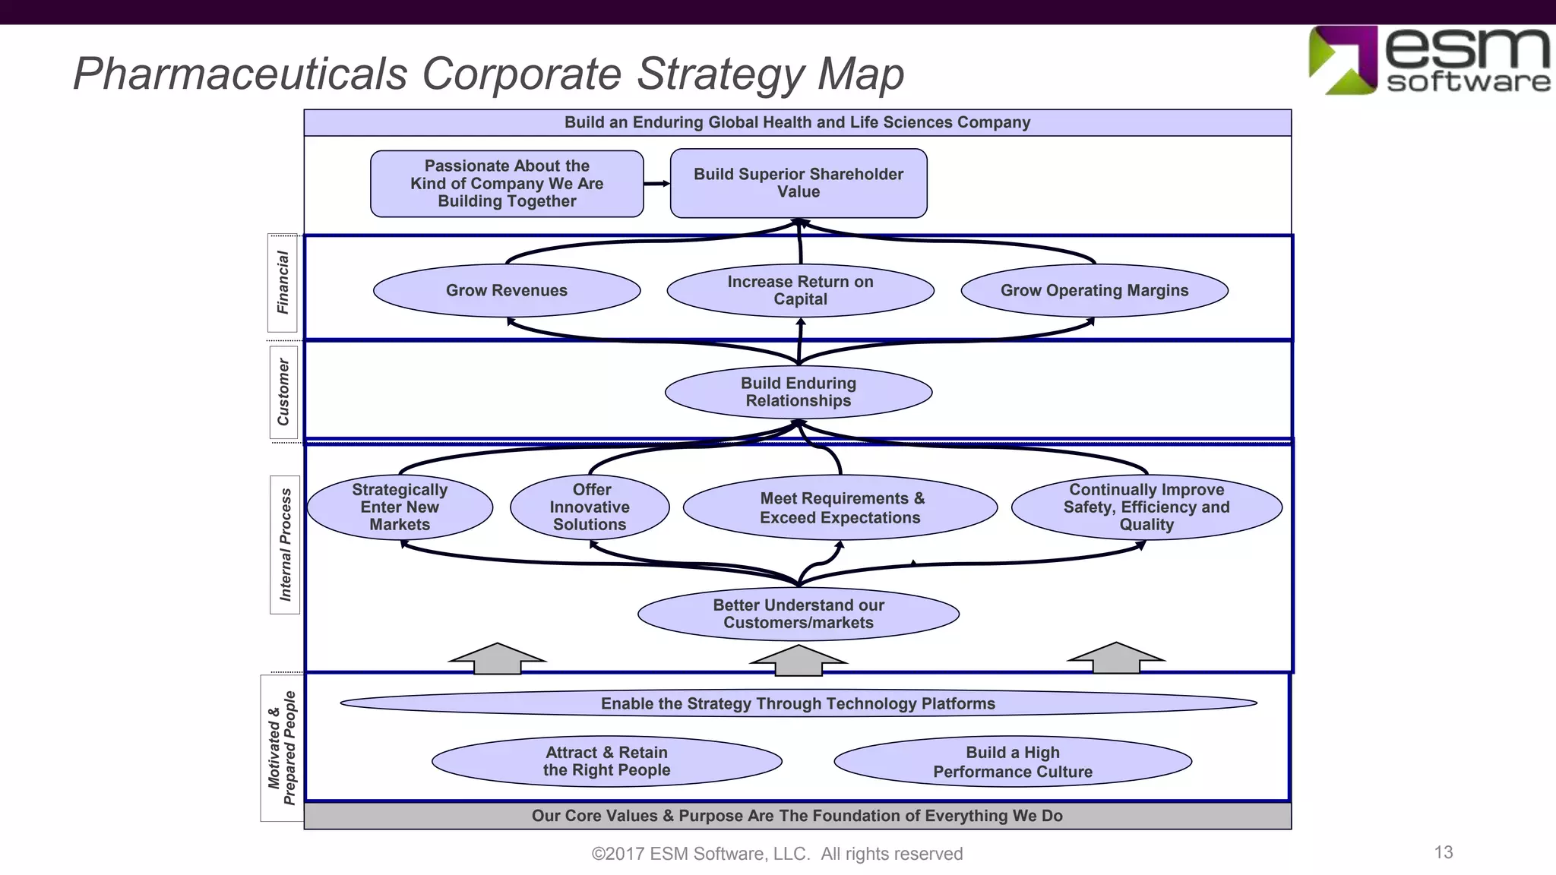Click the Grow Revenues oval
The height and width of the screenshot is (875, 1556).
(507, 290)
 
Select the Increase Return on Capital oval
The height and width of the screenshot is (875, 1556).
(800, 290)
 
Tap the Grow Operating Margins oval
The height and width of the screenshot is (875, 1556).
(1094, 290)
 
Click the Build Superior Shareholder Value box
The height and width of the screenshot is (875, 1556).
(799, 183)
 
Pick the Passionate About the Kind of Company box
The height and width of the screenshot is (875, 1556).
(507, 183)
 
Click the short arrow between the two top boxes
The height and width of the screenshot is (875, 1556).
(656, 183)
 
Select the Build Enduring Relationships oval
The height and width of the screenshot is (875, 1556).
(799, 392)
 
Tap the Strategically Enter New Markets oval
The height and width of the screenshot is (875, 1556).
(400, 507)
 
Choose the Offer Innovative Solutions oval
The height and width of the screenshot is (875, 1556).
(590, 507)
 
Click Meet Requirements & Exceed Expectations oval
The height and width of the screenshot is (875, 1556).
(840, 507)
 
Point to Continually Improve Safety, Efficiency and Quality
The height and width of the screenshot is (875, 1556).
(1146, 507)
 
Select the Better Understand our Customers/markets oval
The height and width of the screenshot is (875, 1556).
(799, 614)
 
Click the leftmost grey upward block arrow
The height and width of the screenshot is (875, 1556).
(498, 659)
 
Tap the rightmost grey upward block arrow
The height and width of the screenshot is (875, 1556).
(1116, 658)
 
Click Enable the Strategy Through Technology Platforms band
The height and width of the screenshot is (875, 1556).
(798, 703)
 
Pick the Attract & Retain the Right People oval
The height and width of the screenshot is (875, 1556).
(606, 761)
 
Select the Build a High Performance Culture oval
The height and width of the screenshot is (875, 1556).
(1013, 762)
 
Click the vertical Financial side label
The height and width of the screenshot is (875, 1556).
(283, 283)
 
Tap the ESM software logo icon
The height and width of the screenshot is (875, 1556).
(1343, 60)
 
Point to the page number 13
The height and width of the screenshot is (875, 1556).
(1444, 852)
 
